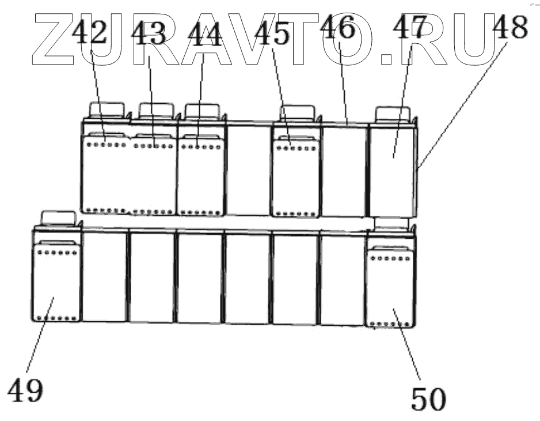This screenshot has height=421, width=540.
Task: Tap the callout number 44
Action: pyautogui.click(x=204, y=36)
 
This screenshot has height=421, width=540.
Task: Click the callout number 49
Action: pyautogui.click(x=25, y=391)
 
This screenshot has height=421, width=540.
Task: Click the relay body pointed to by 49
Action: pyautogui.click(x=56, y=283)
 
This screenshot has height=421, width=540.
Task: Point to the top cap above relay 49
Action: pyautogui.click(x=58, y=217)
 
